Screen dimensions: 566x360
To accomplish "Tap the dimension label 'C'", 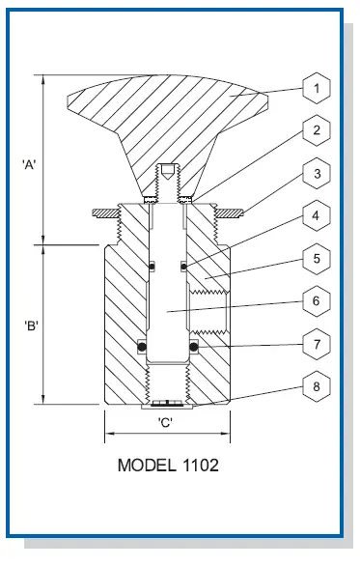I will (166, 422).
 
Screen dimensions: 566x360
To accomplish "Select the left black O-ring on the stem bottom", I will (141, 346).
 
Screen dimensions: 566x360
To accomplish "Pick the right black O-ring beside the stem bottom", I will (193, 346).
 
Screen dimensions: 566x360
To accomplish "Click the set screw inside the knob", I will (166, 174).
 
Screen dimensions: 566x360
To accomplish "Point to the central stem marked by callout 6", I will (166, 290).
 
